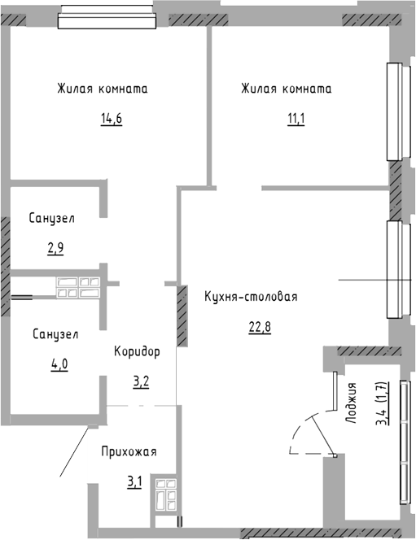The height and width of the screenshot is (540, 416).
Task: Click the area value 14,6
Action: [112, 120]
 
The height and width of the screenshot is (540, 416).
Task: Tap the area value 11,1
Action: [296, 120]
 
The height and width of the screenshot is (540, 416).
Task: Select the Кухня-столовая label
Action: [251, 297]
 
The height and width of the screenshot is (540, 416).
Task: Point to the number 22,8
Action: [260, 327]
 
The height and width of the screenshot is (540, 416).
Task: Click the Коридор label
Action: [137, 351]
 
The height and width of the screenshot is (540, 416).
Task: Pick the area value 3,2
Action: [141, 382]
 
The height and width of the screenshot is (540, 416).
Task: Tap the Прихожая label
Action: [129, 451]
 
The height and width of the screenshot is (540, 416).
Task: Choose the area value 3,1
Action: [134, 482]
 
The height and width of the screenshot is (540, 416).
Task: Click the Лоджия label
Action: [351, 403]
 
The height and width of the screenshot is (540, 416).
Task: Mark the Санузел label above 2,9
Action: [52, 218]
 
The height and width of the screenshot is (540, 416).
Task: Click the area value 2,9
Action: [55, 248]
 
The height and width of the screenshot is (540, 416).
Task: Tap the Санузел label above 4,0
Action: [55, 334]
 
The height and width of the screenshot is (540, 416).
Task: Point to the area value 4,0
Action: [59, 364]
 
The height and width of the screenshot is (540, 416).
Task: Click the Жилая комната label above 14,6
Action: [103, 89]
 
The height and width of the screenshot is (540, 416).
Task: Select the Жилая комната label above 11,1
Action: [287, 89]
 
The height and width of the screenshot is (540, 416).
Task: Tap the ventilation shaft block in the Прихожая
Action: [166, 495]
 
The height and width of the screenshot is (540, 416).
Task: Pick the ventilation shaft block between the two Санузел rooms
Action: [79, 287]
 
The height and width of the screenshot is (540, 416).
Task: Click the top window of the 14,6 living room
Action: [107, 16]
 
